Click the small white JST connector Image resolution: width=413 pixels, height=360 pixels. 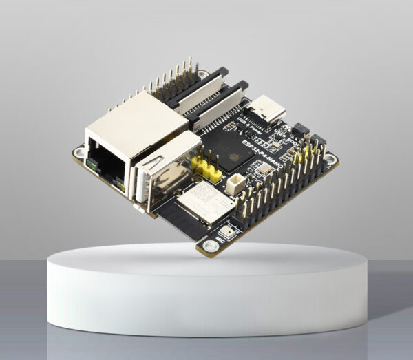click(237, 182)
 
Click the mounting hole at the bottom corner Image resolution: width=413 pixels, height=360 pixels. click(205, 246)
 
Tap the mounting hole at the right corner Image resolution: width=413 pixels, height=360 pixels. click(330, 160)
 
